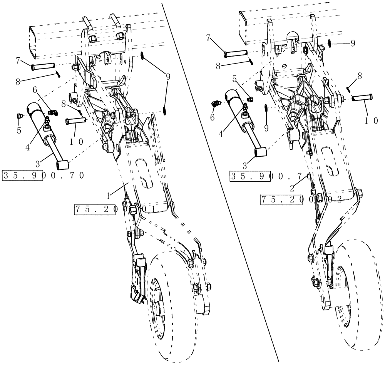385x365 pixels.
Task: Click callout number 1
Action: point(109,196)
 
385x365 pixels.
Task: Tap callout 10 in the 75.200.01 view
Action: point(77,141)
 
